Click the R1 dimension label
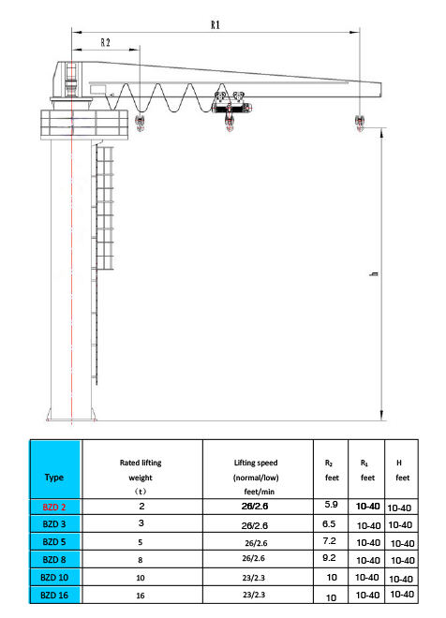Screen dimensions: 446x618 tap(216, 25)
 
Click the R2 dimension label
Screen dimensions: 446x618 tap(105, 42)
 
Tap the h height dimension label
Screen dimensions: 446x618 tap(374, 273)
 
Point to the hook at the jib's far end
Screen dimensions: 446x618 tap(359, 123)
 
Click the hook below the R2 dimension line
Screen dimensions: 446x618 tap(140, 123)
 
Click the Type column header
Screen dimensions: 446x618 tap(54, 478)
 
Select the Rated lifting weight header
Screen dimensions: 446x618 tap(141, 477)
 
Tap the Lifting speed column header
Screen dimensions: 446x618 tap(256, 477)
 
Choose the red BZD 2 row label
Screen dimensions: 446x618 tap(54, 507)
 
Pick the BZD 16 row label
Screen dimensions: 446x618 tap(54, 596)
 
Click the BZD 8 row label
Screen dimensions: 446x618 tap(54, 560)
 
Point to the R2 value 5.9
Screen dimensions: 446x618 tap(331, 504)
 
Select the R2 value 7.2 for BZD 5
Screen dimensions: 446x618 tap(329, 541)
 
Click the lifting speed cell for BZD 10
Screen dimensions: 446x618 tap(254, 578)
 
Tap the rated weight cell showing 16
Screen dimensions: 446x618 tap(141, 596)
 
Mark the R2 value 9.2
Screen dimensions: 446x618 tap(329, 558)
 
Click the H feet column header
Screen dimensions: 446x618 tap(402, 470)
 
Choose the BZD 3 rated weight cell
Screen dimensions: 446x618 tap(141, 523)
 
